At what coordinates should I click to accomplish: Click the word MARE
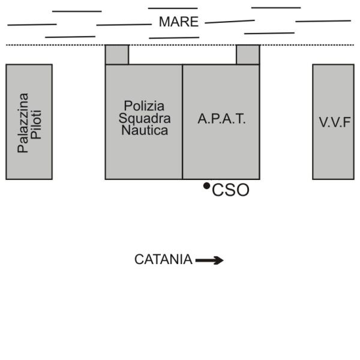(x=179, y=22)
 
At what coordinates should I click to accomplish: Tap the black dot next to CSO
(x=206, y=186)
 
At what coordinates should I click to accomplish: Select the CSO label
(x=230, y=190)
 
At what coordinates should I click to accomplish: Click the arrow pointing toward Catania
(x=209, y=260)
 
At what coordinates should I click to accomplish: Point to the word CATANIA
(x=163, y=259)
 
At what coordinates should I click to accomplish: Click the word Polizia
(x=144, y=106)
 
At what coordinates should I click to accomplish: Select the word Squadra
(x=145, y=119)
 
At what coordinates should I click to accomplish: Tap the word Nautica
(x=145, y=130)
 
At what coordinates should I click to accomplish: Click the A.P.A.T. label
(x=221, y=119)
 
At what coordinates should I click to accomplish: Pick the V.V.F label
(x=335, y=122)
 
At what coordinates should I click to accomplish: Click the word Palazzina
(x=23, y=123)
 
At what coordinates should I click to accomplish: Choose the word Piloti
(x=36, y=125)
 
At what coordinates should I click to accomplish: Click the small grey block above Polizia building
(x=117, y=55)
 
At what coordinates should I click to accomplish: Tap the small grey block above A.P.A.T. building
(x=248, y=55)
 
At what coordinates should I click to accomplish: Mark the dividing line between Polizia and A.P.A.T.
(x=182, y=122)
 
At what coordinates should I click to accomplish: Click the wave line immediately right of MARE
(x=230, y=22)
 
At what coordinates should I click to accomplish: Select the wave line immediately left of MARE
(x=124, y=25)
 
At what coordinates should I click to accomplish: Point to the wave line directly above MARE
(x=173, y=8)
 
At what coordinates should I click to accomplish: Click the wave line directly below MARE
(x=174, y=38)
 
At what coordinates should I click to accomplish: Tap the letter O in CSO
(x=243, y=190)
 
